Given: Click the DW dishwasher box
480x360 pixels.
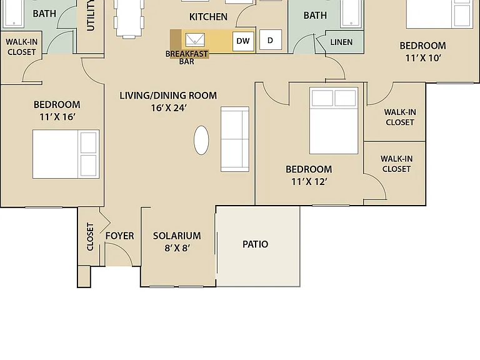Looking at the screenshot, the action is tap(243, 41).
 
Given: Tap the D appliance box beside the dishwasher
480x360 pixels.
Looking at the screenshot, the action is tap(271, 40).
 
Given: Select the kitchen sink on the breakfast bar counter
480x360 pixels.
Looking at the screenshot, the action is tap(195, 40).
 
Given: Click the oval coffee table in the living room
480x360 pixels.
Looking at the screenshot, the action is tap(201, 140).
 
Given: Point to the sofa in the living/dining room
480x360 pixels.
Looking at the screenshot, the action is tap(235, 139).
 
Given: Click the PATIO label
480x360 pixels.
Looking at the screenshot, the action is tap(255, 244).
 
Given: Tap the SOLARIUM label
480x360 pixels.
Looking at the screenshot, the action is tap(177, 236).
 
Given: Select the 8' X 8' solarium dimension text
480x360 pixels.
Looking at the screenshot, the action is tap(177, 247).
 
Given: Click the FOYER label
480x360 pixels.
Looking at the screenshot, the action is tap(120, 236).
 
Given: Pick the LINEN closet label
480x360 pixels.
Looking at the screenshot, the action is tap(341, 42).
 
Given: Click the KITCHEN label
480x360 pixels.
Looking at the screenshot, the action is tap(208, 17).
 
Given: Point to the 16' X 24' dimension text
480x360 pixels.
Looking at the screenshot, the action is tap(169, 107).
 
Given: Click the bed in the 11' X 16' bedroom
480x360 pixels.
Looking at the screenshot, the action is tap(66, 154).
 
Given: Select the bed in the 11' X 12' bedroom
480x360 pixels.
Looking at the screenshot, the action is tap(334, 121).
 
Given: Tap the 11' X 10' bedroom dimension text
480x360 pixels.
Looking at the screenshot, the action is tap(423, 58).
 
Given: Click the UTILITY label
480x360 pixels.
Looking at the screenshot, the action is tap(91, 15).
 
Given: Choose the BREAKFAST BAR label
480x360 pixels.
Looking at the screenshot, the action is tap(187, 57).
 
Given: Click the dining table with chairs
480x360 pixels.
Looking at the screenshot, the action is tap(129, 18).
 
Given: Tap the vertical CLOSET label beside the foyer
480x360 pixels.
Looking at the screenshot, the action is tap(90, 237).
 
